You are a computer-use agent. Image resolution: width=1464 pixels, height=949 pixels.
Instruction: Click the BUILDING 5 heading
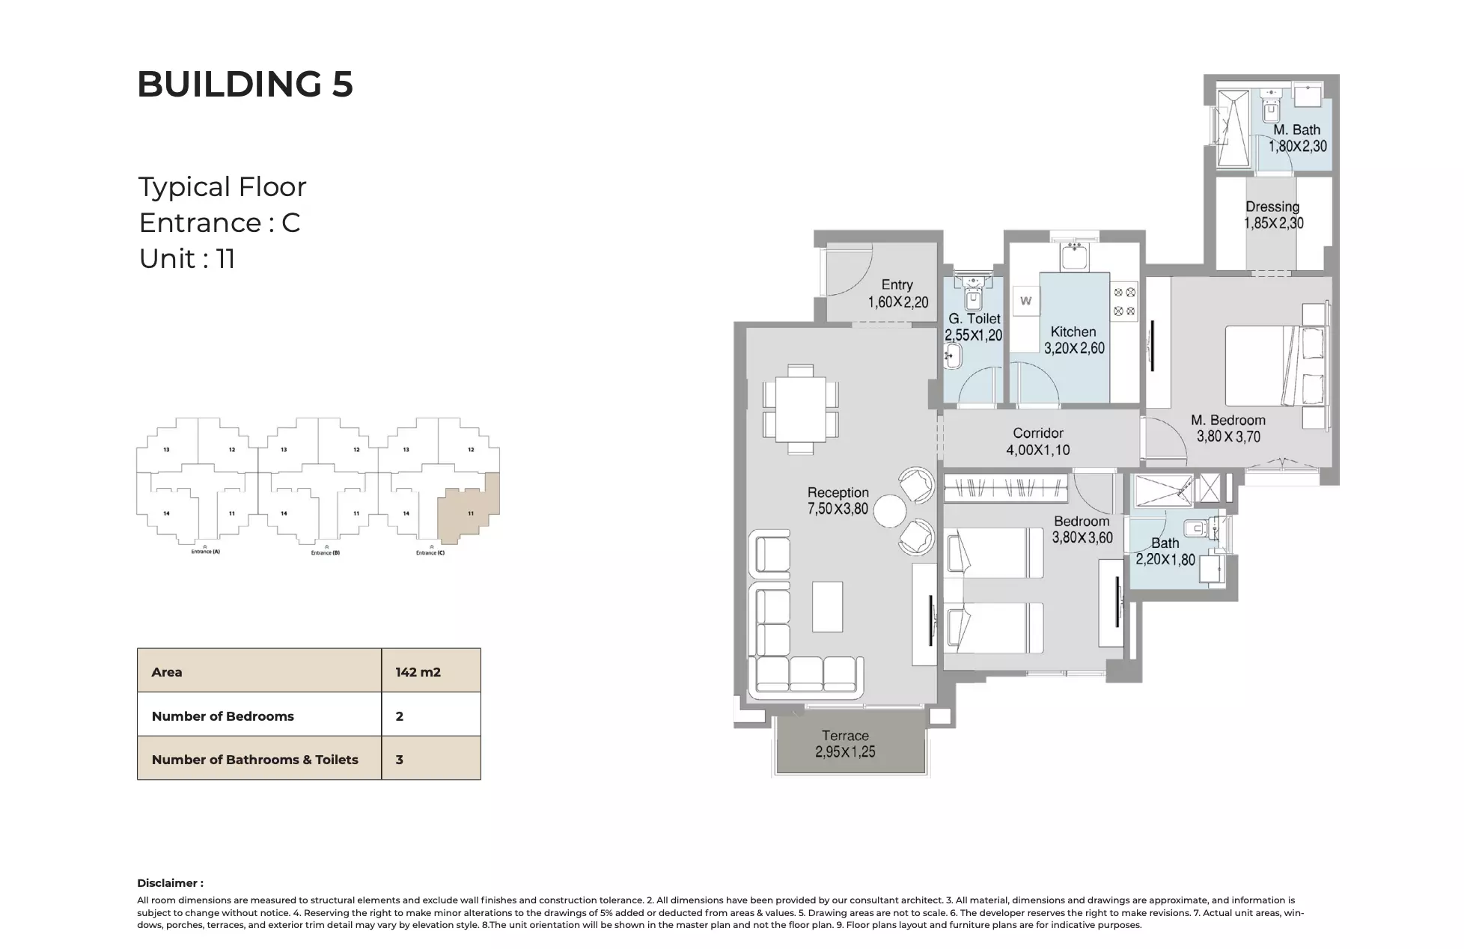click(x=245, y=84)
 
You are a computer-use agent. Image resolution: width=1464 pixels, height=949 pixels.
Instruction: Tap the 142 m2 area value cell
click(x=418, y=672)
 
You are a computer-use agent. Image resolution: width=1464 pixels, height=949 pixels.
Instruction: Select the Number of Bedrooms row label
click(x=222, y=716)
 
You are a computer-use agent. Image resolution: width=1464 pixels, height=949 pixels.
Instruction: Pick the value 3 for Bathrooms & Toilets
click(x=400, y=760)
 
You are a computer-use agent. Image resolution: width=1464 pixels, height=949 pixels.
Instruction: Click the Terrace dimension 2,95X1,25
click(x=845, y=752)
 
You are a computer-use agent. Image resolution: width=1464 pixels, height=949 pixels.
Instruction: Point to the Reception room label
click(x=838, y=492)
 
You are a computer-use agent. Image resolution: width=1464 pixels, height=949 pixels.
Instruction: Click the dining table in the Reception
click(x=800, y=409)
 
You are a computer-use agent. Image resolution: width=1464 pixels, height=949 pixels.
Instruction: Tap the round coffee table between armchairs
click(x=890, y=513)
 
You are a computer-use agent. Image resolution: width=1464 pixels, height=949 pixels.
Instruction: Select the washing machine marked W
click(x=1025, y=301)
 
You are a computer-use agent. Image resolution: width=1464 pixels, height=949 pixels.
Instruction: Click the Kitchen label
click(x=1073, y=332)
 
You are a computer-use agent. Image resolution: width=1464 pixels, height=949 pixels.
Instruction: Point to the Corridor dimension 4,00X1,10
click(x=1037, y=451)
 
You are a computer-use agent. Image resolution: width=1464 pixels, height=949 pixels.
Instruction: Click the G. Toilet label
click(x=974, y=319)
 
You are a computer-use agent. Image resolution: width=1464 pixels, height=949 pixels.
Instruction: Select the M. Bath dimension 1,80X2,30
click(x=1297, y=147)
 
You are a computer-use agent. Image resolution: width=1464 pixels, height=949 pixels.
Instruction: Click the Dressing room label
click(x=1272, y=207)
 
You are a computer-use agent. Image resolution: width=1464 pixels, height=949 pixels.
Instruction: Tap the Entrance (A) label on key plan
click(x=205, y=552)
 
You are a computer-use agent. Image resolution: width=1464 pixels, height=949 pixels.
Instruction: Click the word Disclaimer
click(x=169, y=883)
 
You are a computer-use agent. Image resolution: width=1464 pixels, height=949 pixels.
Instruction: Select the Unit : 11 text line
click(x=187, y=259)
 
